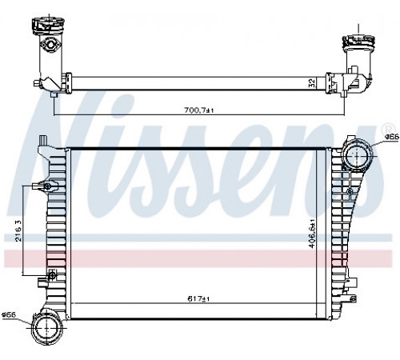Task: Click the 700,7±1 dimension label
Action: (x=199, y=110)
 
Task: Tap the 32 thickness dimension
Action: (x=312, y=83)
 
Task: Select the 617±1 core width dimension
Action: (x=198, y=299)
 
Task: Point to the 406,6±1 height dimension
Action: (x=312, y=234)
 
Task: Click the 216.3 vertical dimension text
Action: (x=18, y=230)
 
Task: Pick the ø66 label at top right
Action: (x=392, y=137)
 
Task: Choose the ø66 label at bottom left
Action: (x=9, y=315)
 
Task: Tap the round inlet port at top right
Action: (x=357, y=154)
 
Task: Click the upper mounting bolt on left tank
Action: (x=47, y=186)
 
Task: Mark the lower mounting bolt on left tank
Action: (x=52, y=275)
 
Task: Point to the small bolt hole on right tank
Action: (x=350, y=191)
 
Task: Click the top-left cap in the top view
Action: (x=48, y=26)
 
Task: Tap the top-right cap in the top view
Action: (x=358, y=42)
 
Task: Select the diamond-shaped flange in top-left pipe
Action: (x=50, y=44)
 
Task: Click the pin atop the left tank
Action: (x=43, y=140)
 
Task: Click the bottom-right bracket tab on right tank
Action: (x=353, y=298)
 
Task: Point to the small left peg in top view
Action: (x=37, y=83)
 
